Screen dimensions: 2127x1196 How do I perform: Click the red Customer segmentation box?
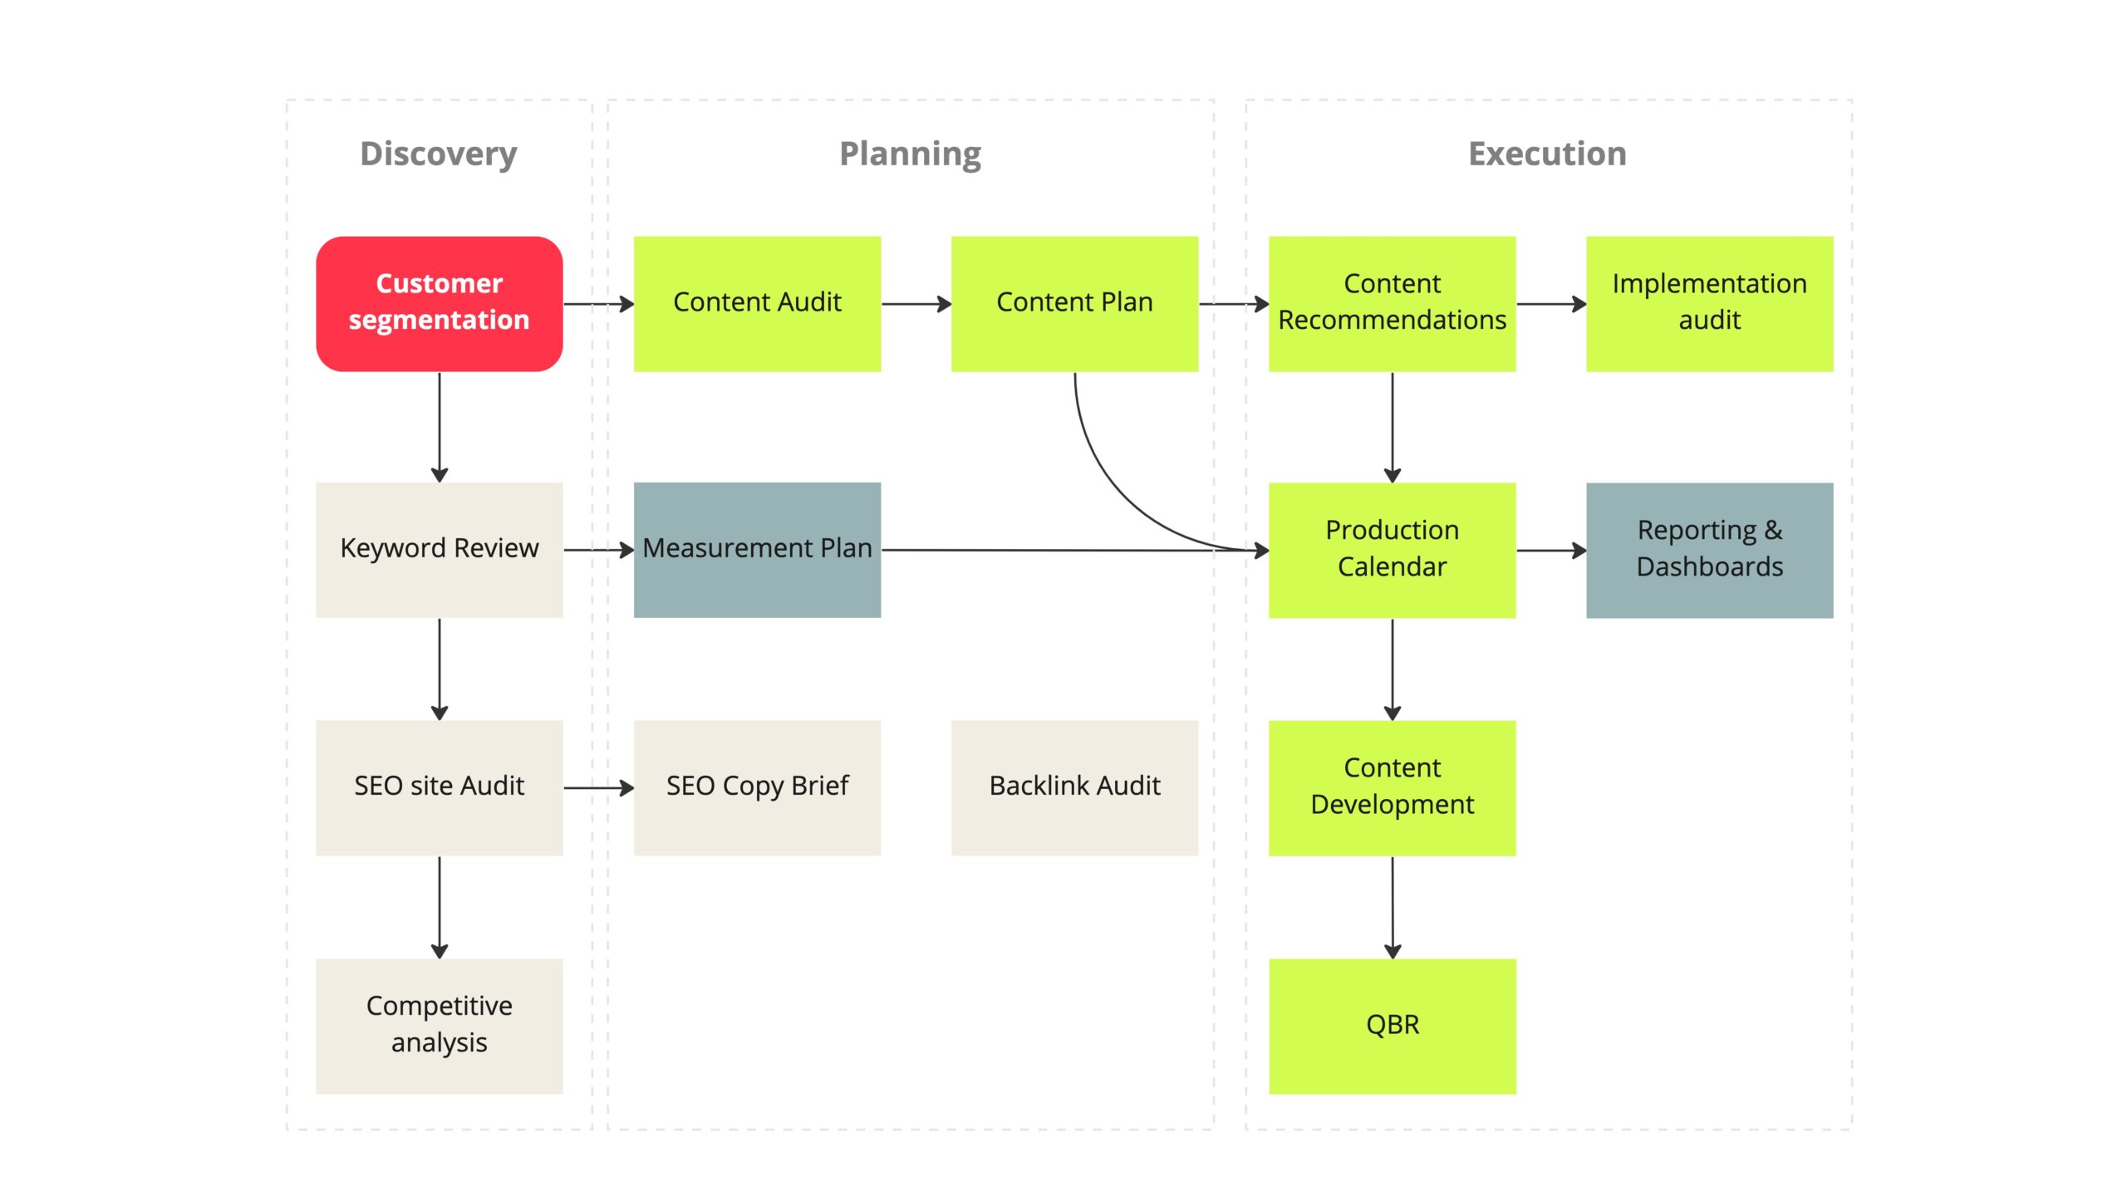pyautogui.click(x=439, y=304)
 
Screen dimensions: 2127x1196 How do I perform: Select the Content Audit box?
pyautogui.click(x=757, y=304)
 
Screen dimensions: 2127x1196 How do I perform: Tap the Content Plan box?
pyautogui.click(x=1074, y=304)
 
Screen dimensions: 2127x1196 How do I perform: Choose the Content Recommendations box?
pyautogui.click(x=1392, y=304)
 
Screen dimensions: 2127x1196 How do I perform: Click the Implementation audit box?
pyautogui.click(x=1709, y=304)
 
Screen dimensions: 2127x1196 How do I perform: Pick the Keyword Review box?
pyautogui.click(x=439, y=550)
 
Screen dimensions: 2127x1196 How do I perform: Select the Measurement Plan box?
pyautogui.click(x=757, y=550)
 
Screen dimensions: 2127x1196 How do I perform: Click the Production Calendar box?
pyautogui.click(x=1392, y=550)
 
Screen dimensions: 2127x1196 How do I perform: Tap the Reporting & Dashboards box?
pyautogui.click(x=1709, y=550)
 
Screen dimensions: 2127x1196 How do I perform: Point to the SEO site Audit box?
pyautogui.click(x=439, y=787)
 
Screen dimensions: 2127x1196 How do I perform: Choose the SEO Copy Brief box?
pyautogui.click(x=757, y=787)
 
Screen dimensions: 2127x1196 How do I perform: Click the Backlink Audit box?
pyautogui.click(x=1074, y=787)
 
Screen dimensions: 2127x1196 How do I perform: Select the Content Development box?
pyautogui.click(x=1392, y=787)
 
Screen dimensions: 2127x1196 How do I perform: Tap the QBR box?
pyautogui.click(x=1392, y=1026)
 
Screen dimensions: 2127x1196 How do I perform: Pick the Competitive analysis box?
pyautogui.click(x=439, y=1026)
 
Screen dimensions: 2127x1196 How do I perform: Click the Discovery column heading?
pyautogui.click(x=439, y=155)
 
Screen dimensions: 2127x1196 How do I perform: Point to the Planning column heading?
pyautogui.click(x=910, y=155)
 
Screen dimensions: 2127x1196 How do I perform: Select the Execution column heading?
pyautogui.click(x=1547, y=154)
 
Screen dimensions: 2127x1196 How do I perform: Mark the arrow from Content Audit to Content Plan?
pyautogui.click(x=916, y=304)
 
